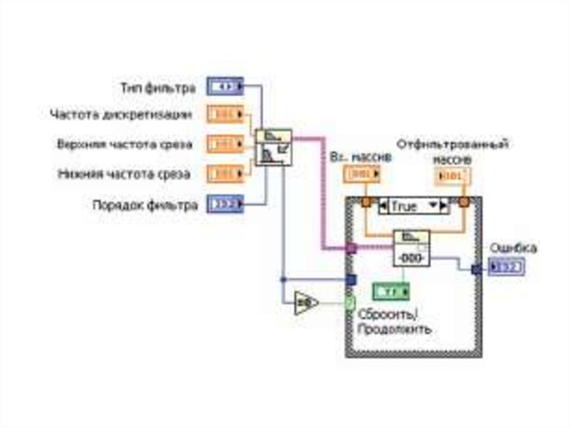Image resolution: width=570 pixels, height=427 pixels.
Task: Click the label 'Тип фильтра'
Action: coord(158,88)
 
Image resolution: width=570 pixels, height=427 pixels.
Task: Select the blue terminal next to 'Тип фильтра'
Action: coord(225,86)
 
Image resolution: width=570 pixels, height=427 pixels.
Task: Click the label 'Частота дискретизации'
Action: coord(121,115)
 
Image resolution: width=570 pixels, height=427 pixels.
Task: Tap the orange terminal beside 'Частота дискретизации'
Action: coord(225,115)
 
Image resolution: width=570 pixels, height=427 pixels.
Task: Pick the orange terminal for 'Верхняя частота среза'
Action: coord(225,144)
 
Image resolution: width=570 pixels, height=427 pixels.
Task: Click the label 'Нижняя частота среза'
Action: coord(124,174)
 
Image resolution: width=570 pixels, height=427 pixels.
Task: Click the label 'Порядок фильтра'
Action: coord(145,205)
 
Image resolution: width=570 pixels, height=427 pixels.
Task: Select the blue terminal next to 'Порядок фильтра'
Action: coord(225,204)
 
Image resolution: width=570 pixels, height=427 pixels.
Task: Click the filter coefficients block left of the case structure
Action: coord(273,148)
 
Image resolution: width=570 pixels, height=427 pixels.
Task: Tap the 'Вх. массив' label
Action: coord(361,158)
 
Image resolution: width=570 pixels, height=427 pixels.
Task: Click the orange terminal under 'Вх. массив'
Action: coord(361,175)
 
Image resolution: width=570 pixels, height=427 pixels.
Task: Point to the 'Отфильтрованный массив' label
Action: coord(452,151)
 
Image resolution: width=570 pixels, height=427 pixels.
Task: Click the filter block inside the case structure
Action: coord(411,248)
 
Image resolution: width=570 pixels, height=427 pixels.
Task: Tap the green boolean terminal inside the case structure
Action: coord(391,291)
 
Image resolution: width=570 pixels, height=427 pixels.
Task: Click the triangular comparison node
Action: coord(305,303)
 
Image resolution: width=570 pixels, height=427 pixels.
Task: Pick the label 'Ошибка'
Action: coord(512,248)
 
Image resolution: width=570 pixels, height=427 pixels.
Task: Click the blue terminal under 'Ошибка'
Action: coord(506,268)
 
